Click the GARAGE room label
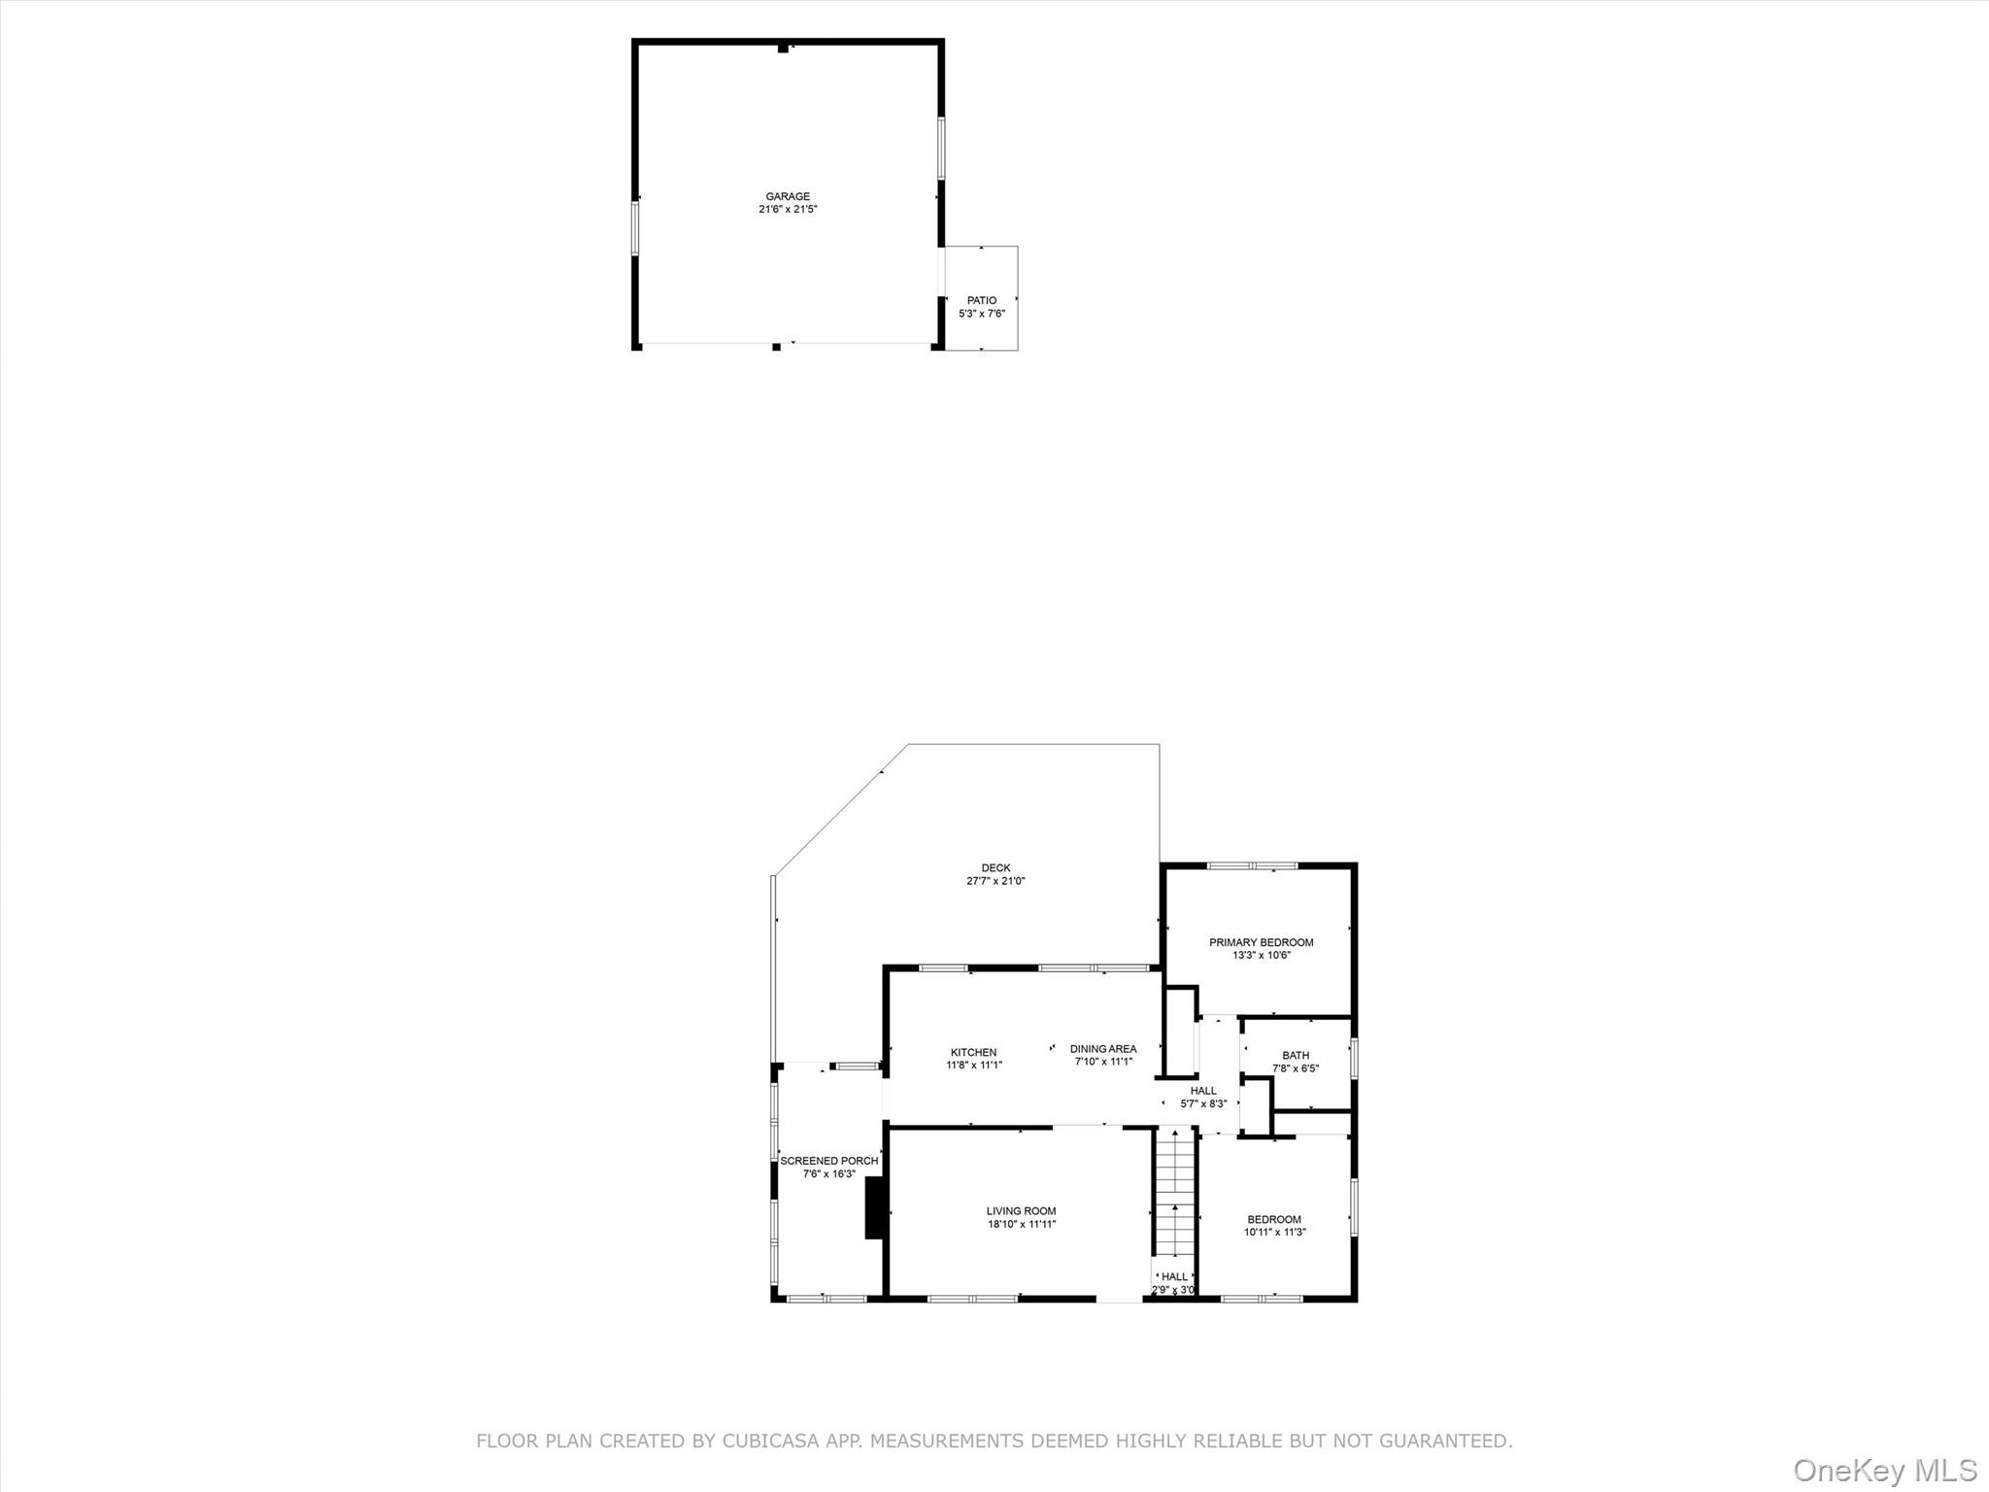[787, 196]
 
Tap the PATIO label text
[981, 300]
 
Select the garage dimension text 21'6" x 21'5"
[788, 209]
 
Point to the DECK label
[995, 868]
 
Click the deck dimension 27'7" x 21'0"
[995, 881]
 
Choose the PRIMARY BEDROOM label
[1261, 942]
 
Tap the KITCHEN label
[973, 1052]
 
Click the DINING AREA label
[1102, 1049]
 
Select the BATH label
[1296, 1055]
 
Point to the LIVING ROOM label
[1021, 1211]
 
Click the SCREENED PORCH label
[828, 1161]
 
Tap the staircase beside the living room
[1174, 1204]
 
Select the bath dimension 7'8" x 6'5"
[1296, 1068]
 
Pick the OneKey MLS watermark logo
[1884, 1470]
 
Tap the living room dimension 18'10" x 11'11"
[1022, 1224]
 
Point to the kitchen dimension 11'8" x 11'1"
[973, 1065]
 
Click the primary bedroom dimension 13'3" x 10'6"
[1261, 955]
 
